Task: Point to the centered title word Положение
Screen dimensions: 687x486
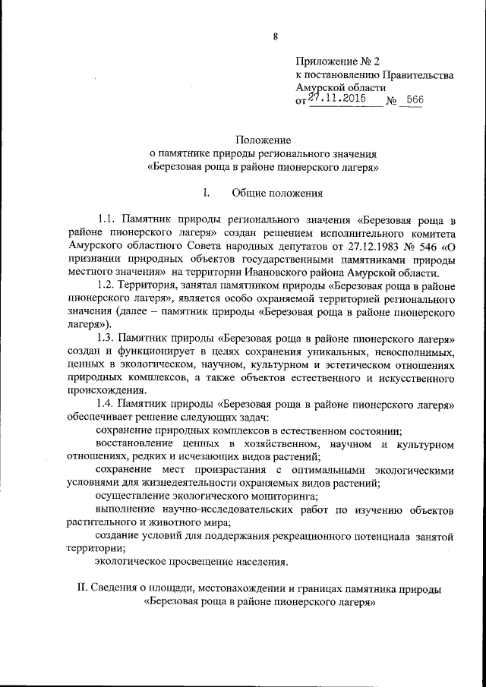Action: (x=263, y=140)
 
